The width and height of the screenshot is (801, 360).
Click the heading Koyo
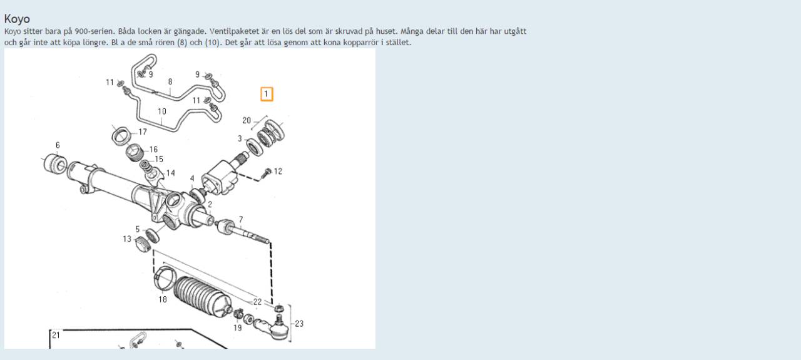point(17,19)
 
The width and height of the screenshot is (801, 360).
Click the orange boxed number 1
point(267,94)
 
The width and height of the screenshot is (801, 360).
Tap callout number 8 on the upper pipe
point(170,81)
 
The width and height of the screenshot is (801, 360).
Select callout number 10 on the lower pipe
point(162,111)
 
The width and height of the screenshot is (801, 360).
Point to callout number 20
point(247,121)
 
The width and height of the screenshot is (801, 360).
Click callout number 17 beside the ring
point(143,132)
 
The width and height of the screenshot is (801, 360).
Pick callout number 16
point(153,149)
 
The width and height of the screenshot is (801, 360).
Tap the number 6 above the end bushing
point(58,145)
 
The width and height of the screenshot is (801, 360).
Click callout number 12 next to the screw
point(278,172)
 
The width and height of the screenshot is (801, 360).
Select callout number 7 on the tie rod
point(241,219)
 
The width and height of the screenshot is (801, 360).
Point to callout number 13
point(127,239)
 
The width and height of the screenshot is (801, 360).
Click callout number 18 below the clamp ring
point(163,299)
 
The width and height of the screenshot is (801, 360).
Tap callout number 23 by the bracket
point(299,324)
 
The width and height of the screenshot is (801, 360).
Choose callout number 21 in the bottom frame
point(56,335)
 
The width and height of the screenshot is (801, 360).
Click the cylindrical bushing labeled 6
point(54,164)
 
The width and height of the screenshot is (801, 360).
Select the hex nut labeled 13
point(143,244)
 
